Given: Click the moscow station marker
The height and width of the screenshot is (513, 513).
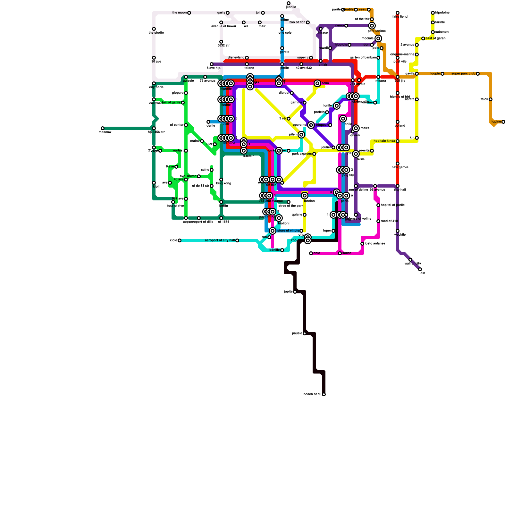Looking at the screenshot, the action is pos(103,128).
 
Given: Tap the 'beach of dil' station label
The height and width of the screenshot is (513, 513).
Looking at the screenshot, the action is pos(312,394).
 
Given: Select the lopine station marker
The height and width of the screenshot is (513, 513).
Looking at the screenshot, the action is pos(503,122).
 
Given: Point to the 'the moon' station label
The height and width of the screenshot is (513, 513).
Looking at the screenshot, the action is pos(179,13).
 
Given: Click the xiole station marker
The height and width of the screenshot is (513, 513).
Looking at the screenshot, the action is pos(180,240).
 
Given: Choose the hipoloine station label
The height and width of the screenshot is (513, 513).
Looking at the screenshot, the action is pos(442,13).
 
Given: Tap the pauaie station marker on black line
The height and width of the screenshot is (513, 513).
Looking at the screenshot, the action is pos(305,333).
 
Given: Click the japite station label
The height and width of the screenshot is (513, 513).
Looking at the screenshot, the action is pos(288,292).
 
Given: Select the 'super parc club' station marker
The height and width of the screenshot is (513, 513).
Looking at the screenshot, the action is pos(478,74).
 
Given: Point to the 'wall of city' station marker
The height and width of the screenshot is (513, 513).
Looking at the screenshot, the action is pos(410,260).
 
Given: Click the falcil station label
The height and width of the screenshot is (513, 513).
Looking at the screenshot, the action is pos(484,99).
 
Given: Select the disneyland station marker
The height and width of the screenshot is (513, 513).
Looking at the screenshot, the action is pos(247,58).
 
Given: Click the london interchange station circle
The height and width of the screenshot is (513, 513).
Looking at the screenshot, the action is pos(305,196).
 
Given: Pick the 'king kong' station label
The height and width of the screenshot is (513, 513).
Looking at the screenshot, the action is pos(223,183).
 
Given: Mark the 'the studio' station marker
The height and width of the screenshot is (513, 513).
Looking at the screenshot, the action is pos(154,29).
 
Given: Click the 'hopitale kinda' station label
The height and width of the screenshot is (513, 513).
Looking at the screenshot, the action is pos(384,141).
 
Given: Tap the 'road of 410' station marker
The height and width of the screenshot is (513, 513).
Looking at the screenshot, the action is pos(378,221).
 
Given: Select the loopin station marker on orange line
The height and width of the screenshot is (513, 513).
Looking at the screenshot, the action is pos(442,74).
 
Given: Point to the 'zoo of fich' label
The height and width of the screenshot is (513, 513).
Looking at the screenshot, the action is pos(297,22).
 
